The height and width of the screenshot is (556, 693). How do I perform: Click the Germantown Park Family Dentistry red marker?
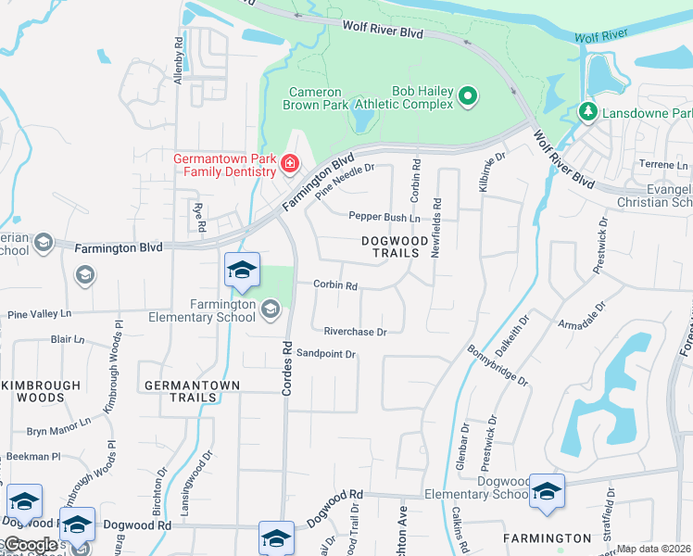[x=290, y=165]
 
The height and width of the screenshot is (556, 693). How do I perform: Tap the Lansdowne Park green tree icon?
[x=586, y=111]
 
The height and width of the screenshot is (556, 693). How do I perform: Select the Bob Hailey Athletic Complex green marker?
[x=468, y=95]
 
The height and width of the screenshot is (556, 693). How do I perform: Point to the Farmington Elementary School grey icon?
[x=270, y=309]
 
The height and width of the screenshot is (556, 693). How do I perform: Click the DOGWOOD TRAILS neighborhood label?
[x=397, y=247]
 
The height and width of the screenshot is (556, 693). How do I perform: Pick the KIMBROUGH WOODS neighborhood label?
[x=30, y=391]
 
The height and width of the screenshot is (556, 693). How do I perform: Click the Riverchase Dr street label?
[x=354, y=331]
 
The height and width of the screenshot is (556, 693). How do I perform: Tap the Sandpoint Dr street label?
[x=326, y=354]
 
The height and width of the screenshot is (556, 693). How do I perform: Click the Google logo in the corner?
[x=30, y=545]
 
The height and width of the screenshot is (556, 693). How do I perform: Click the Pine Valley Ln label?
[x=38, y=315]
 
